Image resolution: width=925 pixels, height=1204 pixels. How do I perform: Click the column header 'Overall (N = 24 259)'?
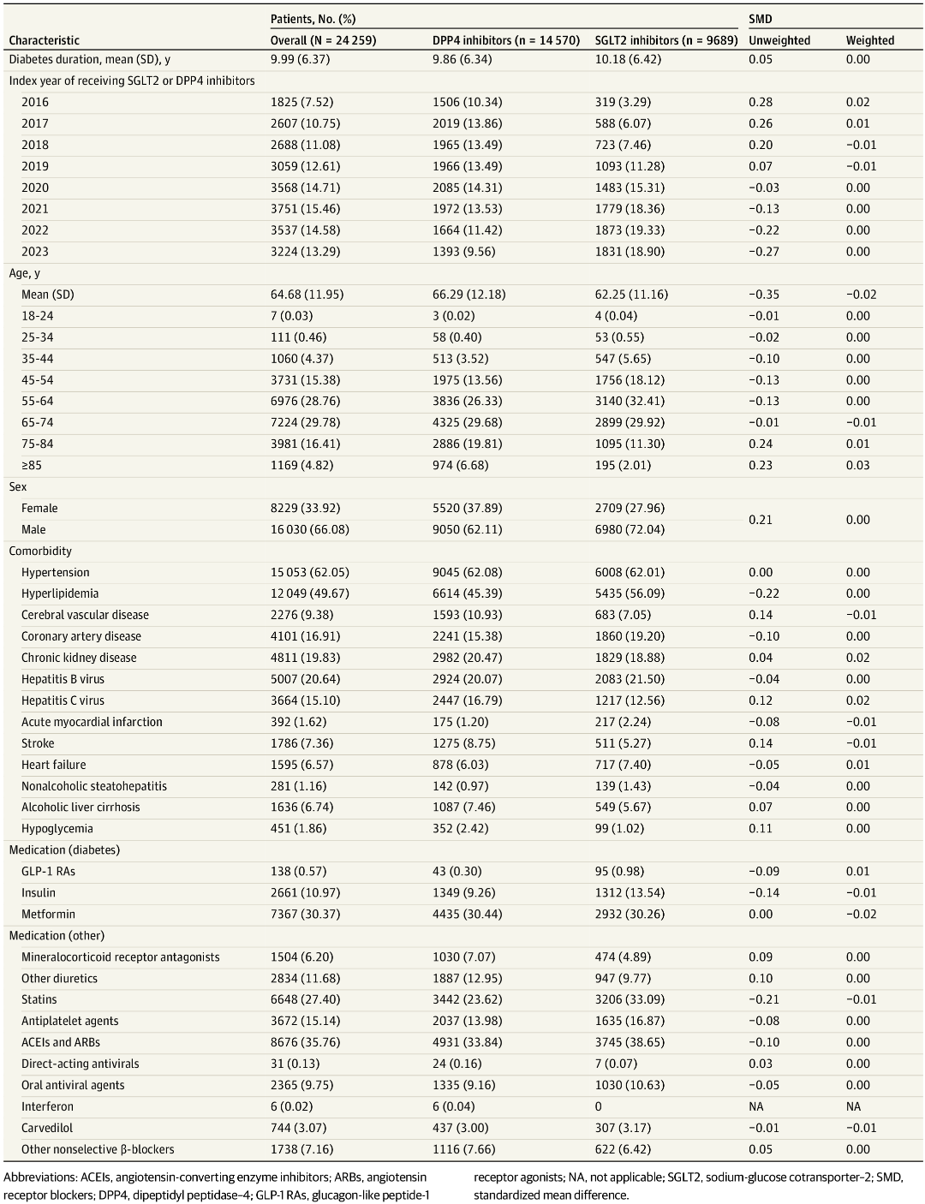click(323, 40)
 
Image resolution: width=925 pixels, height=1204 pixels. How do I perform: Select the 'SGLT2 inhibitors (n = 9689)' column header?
click(666, 40)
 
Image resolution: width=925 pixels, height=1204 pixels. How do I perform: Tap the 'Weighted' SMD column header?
click(869, 40)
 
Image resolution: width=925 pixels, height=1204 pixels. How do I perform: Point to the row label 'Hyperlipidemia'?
click(60, 593)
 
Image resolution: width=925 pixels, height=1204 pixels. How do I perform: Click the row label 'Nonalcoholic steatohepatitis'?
click(94, 786)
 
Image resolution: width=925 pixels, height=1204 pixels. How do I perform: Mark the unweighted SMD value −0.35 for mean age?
click(764, 295)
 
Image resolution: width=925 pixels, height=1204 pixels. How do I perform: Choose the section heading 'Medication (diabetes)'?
click(64, 849)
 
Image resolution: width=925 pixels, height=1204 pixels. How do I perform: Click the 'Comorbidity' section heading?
click(40, 551)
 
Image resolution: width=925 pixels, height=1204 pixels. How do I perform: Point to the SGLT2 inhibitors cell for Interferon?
click(599, 1106)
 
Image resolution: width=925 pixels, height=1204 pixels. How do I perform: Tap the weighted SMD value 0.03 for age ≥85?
click(857, 465)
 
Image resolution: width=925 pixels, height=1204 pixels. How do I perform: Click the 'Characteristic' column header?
click(45, 40)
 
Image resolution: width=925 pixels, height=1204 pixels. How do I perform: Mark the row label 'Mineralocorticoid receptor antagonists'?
click(121, 957)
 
